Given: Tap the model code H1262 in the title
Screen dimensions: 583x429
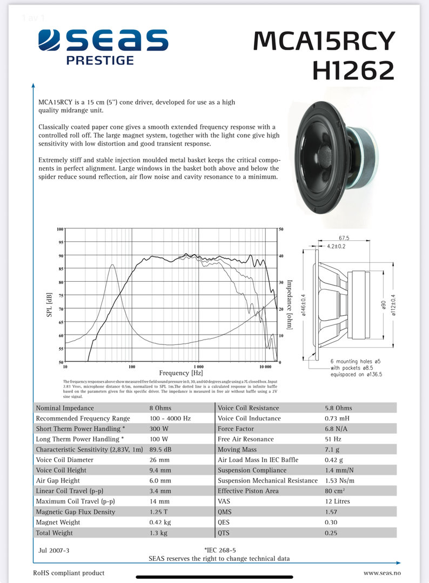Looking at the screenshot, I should [353, 70].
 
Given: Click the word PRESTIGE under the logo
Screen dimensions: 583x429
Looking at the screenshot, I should [100, 60].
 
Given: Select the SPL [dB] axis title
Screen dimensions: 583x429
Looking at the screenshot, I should [50, 304].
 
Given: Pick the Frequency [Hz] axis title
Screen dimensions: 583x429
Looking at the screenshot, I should [181, 372].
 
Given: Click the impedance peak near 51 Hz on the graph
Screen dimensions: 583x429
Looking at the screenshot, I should [112, 265].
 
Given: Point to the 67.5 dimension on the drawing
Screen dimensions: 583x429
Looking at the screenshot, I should [344, 238].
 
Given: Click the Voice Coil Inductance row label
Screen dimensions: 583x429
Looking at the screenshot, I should [249, 418].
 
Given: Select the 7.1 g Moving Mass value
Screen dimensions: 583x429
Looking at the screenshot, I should [332, 449].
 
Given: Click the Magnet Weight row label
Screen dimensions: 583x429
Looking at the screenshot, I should [58, 522].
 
